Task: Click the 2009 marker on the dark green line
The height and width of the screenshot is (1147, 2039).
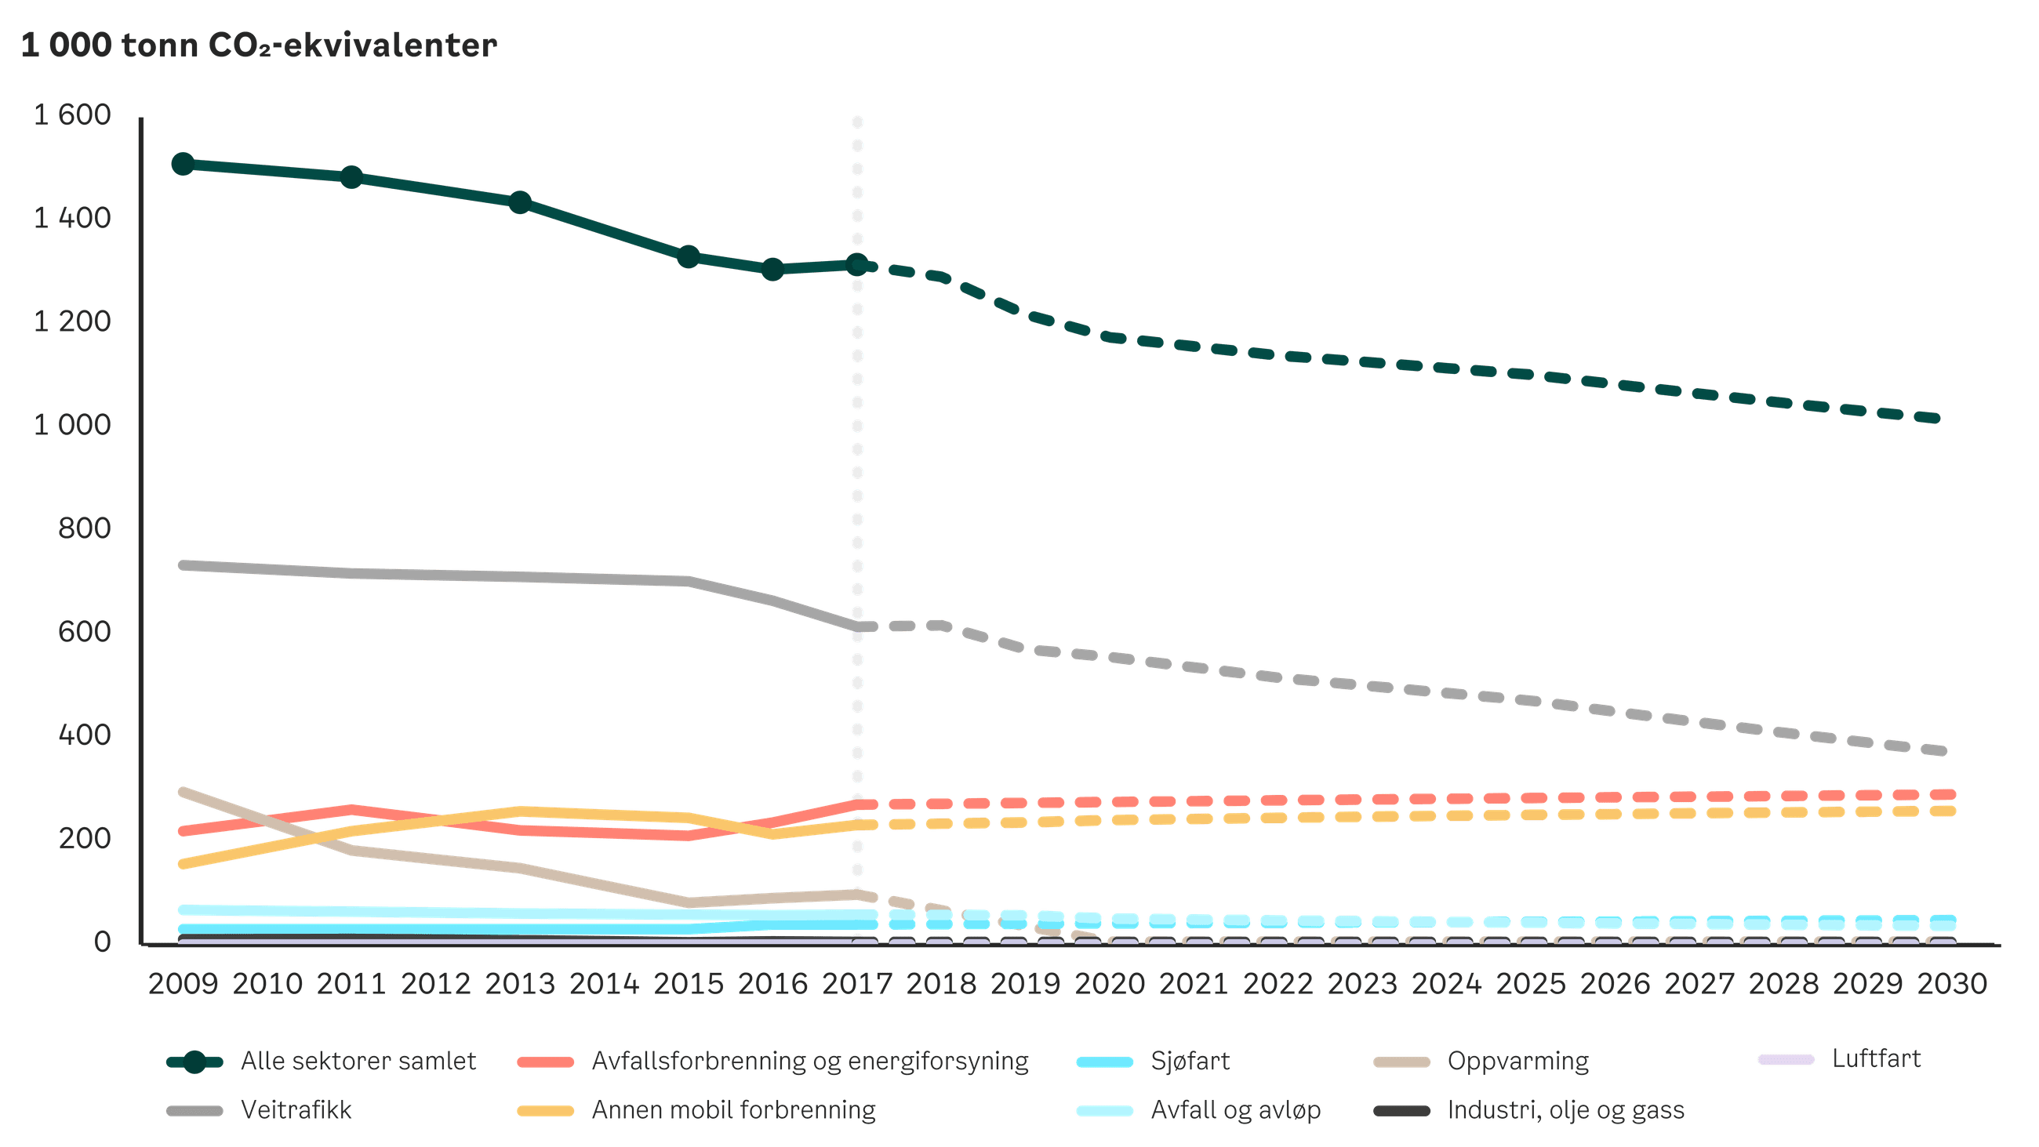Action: (x=183, y=164)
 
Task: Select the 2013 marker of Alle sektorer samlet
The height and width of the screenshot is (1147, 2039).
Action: (x=520, y=201)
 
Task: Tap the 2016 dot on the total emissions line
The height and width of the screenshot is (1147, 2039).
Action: (x=773, y=269)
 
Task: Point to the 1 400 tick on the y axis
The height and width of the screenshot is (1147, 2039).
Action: (x=72, y=218)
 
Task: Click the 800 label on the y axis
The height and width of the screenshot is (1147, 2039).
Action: (x=84, y=528)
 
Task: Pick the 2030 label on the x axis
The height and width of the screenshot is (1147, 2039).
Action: (x=1952, y=984)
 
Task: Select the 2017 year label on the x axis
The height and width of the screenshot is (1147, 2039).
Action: (x=857, y=984)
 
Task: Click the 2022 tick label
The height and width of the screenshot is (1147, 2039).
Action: (x=1278, y=984)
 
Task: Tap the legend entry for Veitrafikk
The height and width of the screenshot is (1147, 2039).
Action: (x=296, y=1110)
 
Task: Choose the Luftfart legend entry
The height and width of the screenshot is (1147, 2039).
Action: (x=1877, y=1059)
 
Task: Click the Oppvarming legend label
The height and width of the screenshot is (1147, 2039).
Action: (x=1517, y=1061)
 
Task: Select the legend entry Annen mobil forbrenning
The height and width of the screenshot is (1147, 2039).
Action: (x=733, y=1110)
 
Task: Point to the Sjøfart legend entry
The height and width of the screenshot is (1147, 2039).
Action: (x=1190, y=1061)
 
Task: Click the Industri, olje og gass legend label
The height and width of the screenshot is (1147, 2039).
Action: (x=1565, y=1110)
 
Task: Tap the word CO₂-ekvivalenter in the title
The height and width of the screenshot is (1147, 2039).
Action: (x=352, y=45)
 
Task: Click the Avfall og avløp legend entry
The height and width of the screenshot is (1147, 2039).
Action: (x=1236, y=1110)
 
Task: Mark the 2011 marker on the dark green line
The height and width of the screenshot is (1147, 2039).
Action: (x=351, y=177)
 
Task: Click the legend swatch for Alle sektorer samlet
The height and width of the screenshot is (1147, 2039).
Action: (x=194, y=1062)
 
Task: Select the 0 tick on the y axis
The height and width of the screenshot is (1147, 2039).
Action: (x=101, y=942)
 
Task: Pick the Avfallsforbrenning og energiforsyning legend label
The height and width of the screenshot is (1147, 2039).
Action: (x=809, y=1061)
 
